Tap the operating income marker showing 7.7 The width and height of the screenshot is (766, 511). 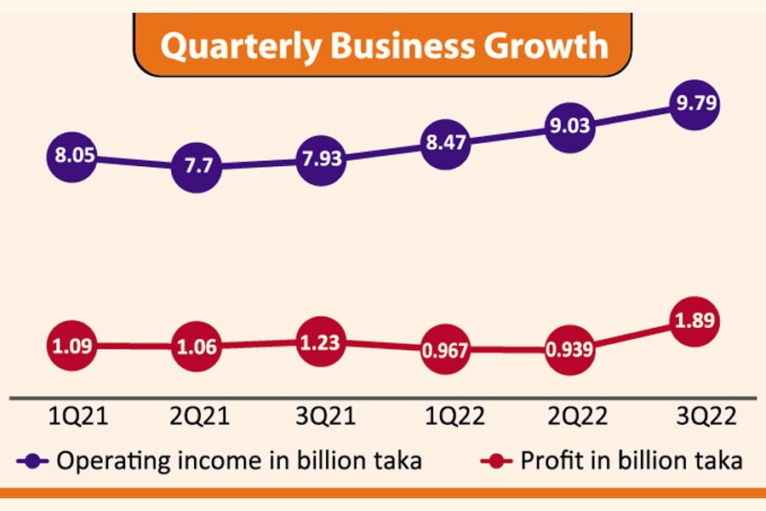(x=197, y=168)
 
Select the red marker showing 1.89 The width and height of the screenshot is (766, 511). (x=695, y=322)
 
